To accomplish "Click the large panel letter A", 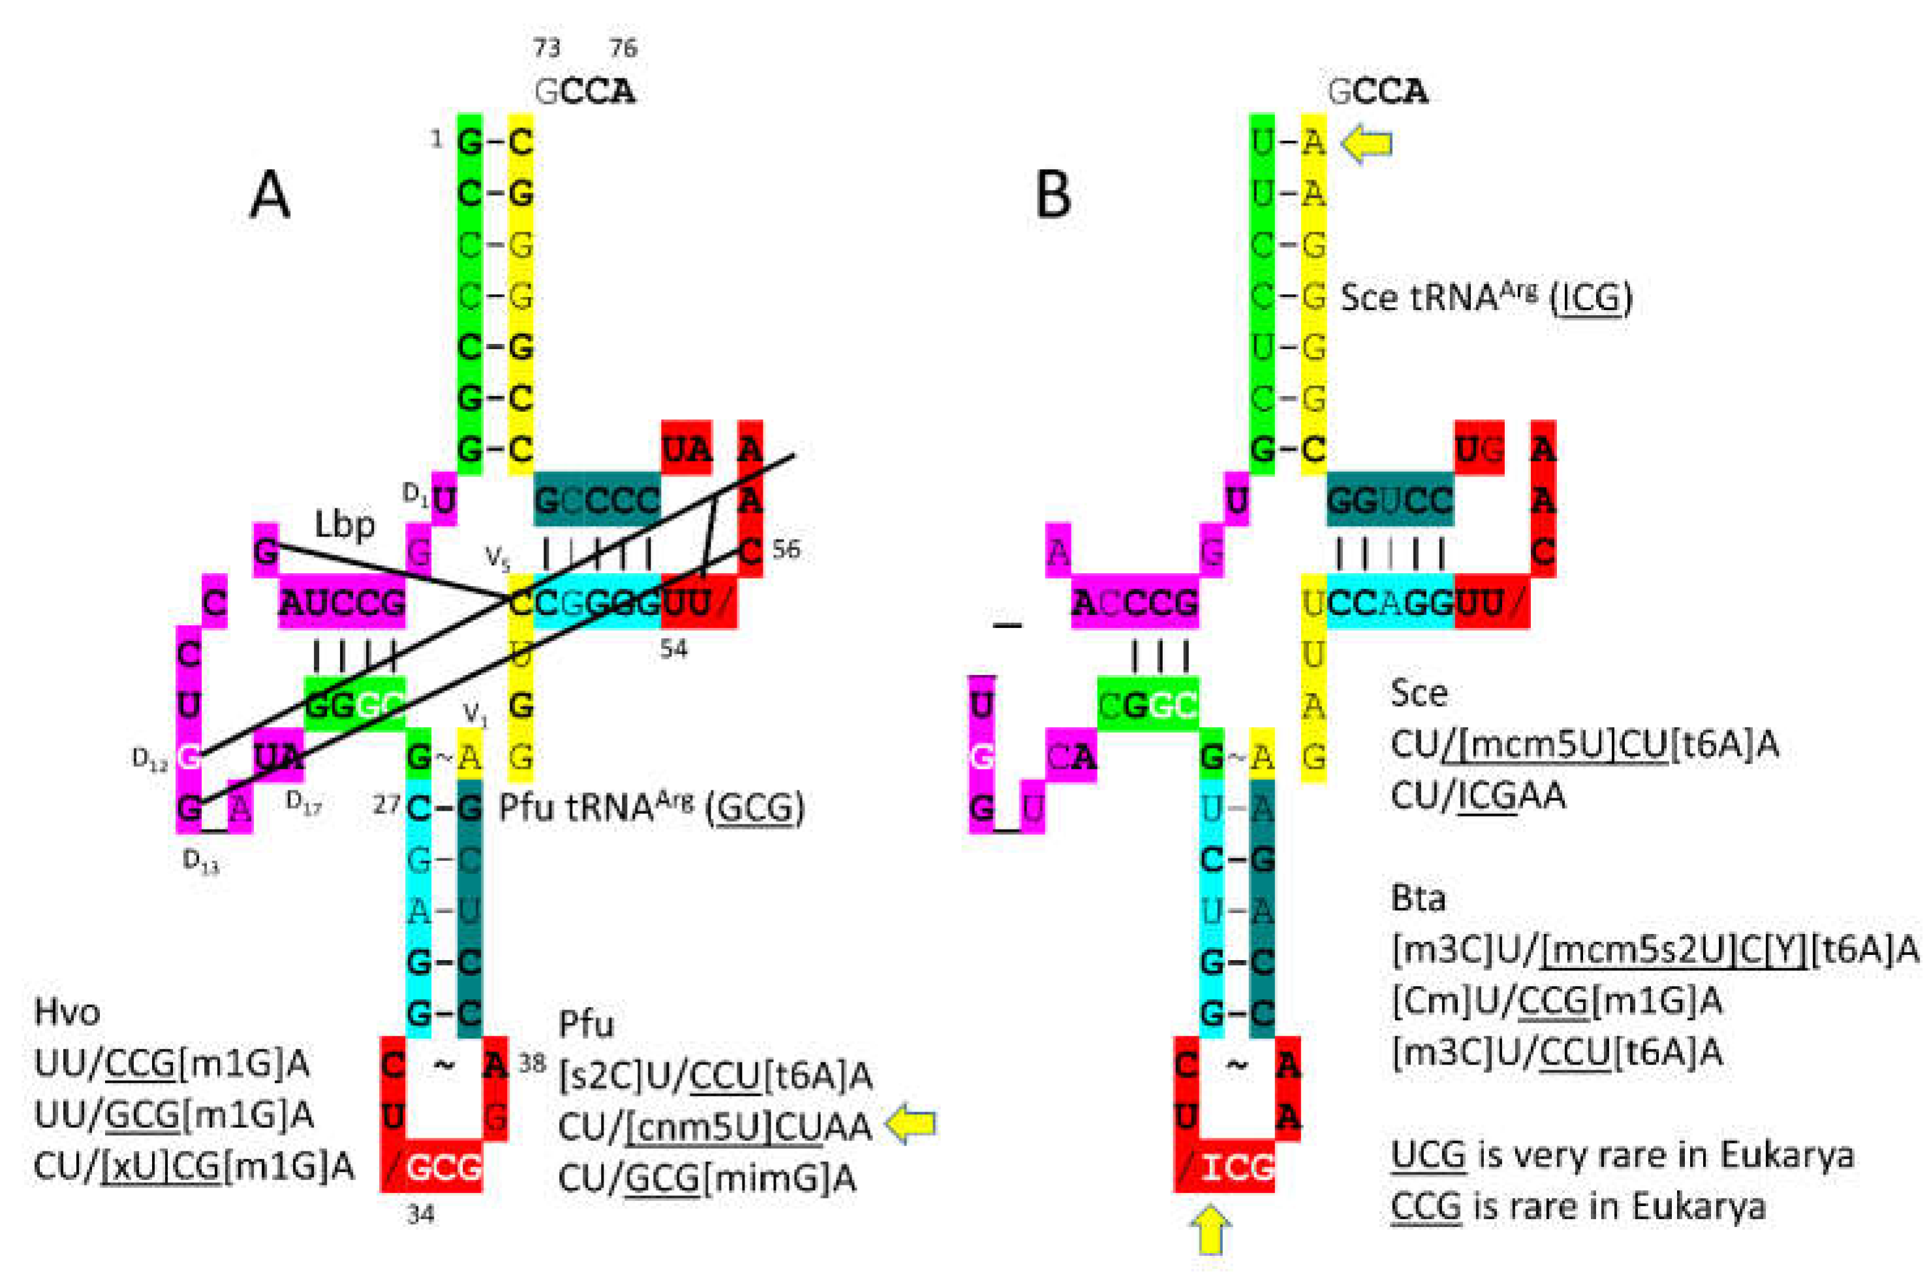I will tap(269, 197).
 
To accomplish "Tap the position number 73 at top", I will tap(547, 49).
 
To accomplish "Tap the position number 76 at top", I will tap(623, 49).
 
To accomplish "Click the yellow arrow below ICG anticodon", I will tap(1210, 1230).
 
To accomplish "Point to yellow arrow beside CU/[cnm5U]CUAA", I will tap(911, 1124).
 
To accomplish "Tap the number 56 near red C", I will tap(786, 550).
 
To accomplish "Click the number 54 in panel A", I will tap(673, 649).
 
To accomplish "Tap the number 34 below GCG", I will tap(421, 1215).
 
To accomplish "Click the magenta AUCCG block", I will tap(342, 603).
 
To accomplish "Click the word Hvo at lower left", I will tap(67, 1012).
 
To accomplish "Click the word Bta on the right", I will tap(1418, 898).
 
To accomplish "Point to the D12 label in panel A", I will tap(149, 758).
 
